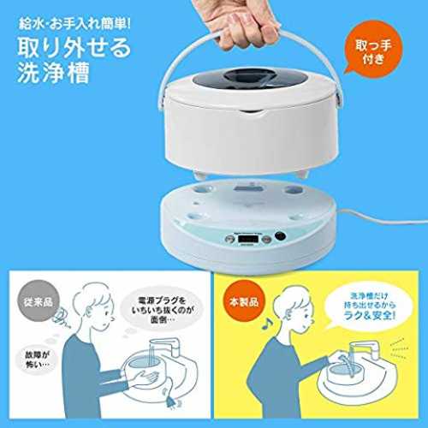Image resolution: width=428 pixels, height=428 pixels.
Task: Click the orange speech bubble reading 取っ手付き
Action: tap(373, 51)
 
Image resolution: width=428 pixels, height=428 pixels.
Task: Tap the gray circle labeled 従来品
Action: tap(39, 301)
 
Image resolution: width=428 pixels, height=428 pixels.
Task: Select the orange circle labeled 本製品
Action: tap(244, 301)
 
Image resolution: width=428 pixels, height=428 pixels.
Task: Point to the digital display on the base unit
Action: tap(249, 238)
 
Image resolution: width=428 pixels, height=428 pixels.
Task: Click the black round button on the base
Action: tap(280, 236)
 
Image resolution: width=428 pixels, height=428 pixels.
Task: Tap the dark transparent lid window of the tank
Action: tap(247, 79)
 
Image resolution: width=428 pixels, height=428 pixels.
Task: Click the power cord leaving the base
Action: tap(383, 216)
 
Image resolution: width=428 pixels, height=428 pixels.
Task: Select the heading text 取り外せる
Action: tap(74, 48)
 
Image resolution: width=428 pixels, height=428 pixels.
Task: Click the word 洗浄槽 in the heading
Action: tap(54, 72)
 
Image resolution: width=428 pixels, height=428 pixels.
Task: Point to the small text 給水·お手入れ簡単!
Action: tap(74, 24)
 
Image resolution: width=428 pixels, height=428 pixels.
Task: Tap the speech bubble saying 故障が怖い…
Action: tap(38, 360)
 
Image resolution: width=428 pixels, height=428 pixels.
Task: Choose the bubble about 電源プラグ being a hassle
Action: tap(162, 310)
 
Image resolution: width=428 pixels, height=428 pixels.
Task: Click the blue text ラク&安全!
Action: tap(370, 315)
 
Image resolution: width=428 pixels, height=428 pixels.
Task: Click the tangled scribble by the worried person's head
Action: tap(62, 316)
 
